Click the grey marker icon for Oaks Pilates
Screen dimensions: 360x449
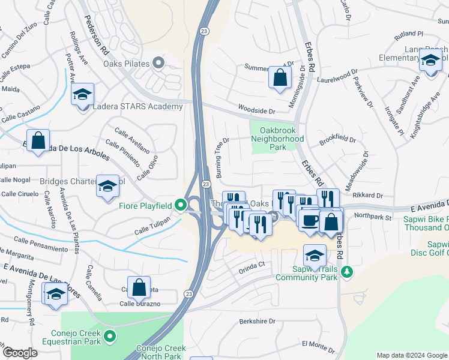(158, 62)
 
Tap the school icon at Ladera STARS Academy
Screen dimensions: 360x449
(82, 94)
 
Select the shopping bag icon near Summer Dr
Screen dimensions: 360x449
(280, 77)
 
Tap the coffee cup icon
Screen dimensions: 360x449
(310, 220)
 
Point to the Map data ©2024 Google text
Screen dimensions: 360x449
(411, 355)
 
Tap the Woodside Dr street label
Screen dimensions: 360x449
(256, 111)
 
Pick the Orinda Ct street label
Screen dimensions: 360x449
(252, 265)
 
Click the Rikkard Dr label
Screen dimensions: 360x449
(368, 195)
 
